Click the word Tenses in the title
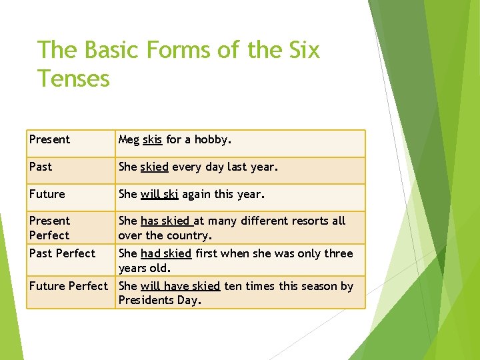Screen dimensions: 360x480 click(x=73, y=79)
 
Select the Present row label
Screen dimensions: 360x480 click(x=49, y=139)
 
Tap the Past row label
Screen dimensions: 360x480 click(x=40, y=167)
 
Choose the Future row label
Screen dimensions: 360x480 click(x=47, y=194)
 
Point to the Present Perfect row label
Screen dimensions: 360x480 click(x=49, y=228)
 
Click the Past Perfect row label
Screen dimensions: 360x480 click(x=62, y=253)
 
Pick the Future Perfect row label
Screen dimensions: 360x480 click(x=68, y=286)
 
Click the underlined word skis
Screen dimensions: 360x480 click(x=152, y=139)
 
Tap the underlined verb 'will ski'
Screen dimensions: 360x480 click(x=159, y=194)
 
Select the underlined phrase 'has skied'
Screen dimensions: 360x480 click(x=166, y=221)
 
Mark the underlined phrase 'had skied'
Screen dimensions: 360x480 click(x=166, y=253)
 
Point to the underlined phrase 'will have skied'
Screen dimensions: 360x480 click(x=180, y=286)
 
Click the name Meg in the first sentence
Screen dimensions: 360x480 click(x=129, y=139)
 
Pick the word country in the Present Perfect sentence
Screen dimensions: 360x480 click(x=190, y=235)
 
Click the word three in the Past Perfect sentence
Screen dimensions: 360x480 click(x=338, y=253)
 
